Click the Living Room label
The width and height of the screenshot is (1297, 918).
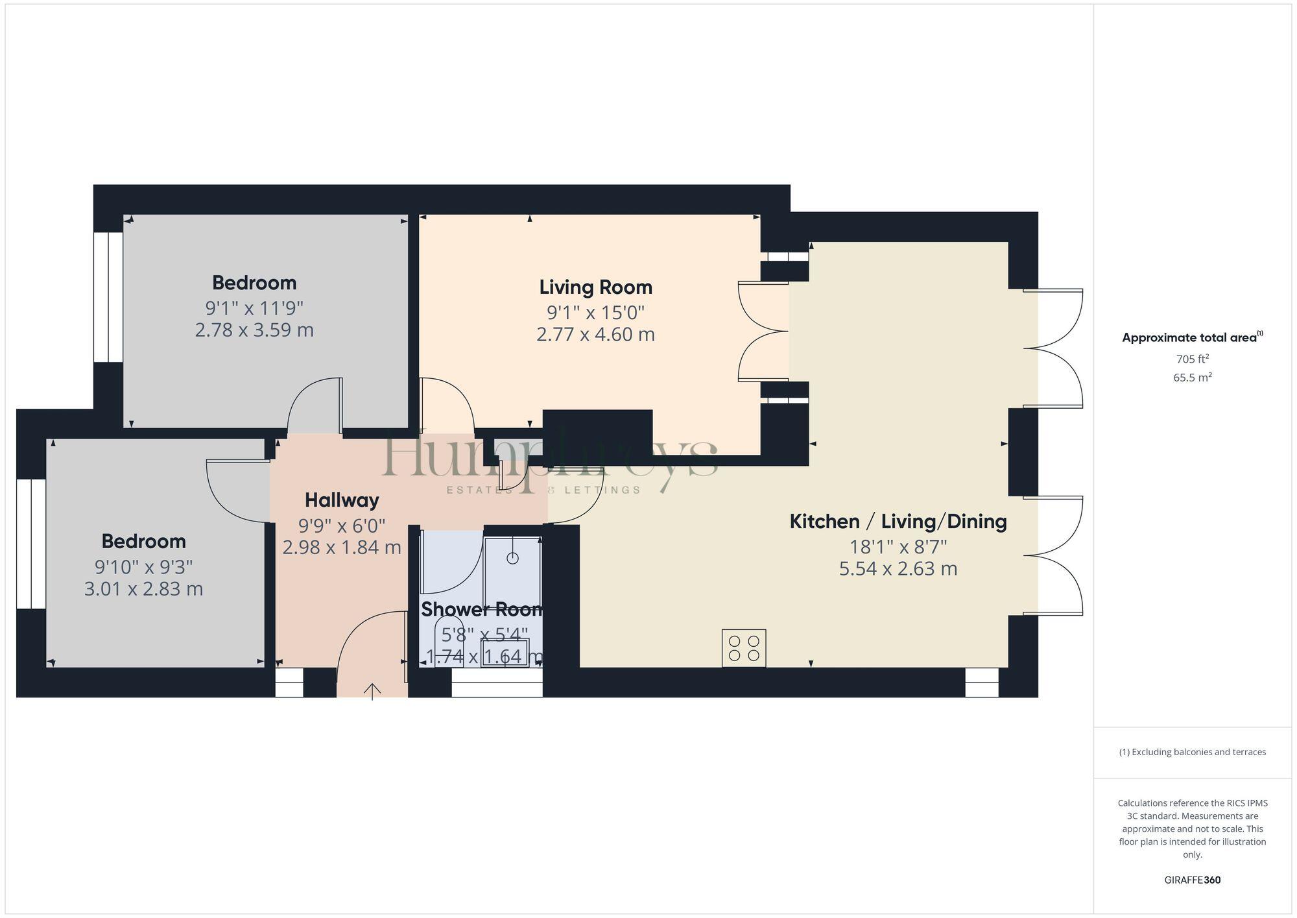(595, 287)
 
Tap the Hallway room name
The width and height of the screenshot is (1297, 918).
(342, 500)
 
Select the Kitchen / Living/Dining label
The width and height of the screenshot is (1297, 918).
(898, 522)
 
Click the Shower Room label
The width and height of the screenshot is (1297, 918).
(481, 609)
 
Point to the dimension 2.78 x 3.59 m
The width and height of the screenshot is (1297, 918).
(254, 330)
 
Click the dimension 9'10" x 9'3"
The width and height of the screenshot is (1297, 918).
(143, 567)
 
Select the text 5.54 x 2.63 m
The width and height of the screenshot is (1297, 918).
(898, 569)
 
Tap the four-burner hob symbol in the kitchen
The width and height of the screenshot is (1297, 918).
(744, 647)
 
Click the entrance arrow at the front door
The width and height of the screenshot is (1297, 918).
(372, 692)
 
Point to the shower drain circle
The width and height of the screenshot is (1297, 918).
(513, 558)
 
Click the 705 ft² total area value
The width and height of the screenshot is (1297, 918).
(1192, 359)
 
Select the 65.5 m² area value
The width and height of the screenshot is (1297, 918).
(1192, 377)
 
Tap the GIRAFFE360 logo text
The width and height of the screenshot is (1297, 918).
(1192, 880)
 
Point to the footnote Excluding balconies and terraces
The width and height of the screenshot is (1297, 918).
(1192, 752)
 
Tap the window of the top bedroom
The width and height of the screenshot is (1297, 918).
(108, 297)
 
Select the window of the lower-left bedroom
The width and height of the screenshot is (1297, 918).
(30, 544)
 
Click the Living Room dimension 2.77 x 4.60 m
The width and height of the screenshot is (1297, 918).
(595, 335)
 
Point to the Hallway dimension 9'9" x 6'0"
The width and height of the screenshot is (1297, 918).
(342, 525)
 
